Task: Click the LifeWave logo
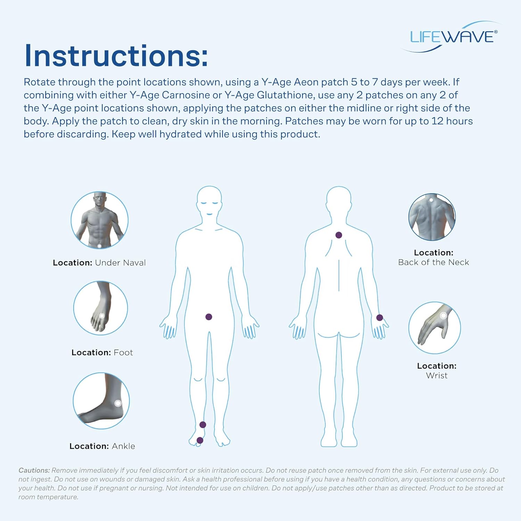pos(452,37)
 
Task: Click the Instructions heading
pos(116,56)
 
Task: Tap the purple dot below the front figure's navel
pos(209,317)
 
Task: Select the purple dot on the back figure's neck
pos(339,235)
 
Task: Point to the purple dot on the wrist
pos(380,317)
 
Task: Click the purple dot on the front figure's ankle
pos(203,424)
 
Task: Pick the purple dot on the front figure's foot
pos(200,440)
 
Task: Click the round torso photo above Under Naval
pos(100,220)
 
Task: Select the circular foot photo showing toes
pos(100,308)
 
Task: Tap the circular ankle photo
pos(101,400)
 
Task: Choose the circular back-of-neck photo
pos(432,217)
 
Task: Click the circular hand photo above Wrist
pos(435,328)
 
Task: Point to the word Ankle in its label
pos(123,446)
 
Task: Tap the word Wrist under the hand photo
pos(437,375)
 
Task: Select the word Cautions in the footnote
pos(34,470)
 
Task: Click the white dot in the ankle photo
pos(118,403)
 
